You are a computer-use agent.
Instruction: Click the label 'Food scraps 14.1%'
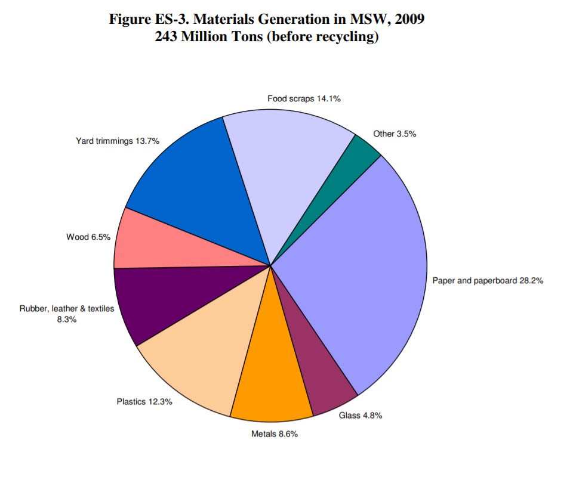303,99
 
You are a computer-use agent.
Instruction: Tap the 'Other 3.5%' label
395,134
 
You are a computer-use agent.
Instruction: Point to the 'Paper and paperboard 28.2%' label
488,280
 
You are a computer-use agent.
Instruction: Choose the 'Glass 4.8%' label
360,416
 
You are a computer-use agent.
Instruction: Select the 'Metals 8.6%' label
274,433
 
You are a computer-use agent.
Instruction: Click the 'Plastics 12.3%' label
144,401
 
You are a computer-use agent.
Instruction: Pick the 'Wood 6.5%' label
88,237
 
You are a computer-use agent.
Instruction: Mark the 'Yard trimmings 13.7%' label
117,141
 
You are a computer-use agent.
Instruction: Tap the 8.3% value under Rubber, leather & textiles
66,320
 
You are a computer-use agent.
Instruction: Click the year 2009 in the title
408,19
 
